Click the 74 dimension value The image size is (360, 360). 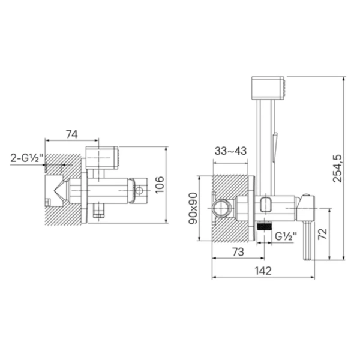click(72, 134)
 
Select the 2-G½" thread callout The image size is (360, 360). click(26, 158)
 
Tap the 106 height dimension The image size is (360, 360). click(160, 185)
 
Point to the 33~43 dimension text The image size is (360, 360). click(230, 151)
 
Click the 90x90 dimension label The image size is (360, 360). click(193, 208)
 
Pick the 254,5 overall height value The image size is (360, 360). click(337, 169)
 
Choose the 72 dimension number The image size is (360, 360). click(322, 234)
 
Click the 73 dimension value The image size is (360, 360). click(238, 252)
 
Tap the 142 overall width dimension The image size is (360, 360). click(263, 271)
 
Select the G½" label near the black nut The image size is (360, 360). click(286, 236)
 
